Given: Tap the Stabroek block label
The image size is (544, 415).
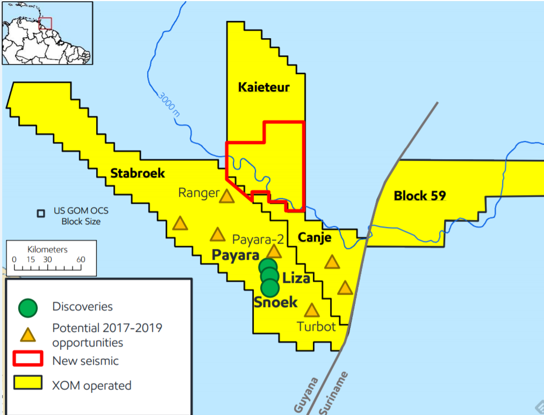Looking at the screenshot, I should [137, 173].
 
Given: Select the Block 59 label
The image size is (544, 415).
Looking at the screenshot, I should [420, 196].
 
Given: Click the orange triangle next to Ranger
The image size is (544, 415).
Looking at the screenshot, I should [227, 196].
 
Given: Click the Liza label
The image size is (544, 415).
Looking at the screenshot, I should [296, 278].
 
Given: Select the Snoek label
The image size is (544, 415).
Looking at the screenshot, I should [276, 302].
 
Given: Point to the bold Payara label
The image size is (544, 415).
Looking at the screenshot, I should [235, 255].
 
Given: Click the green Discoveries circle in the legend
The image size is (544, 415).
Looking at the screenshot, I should [28, 307].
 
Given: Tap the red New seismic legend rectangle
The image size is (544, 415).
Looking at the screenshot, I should [28, 360].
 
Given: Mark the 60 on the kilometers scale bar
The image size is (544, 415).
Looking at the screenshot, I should [81, 260].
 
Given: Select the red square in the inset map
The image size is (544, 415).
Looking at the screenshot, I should [46, 23].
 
